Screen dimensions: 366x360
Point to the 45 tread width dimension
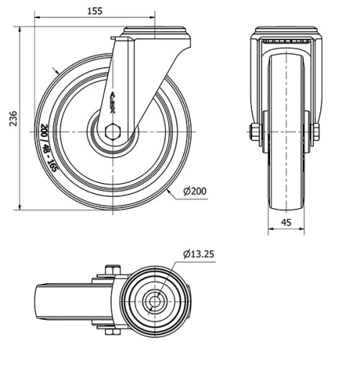(286, 223)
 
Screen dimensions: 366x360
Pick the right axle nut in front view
(315, 131)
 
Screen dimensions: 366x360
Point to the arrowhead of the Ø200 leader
(166, 189)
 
